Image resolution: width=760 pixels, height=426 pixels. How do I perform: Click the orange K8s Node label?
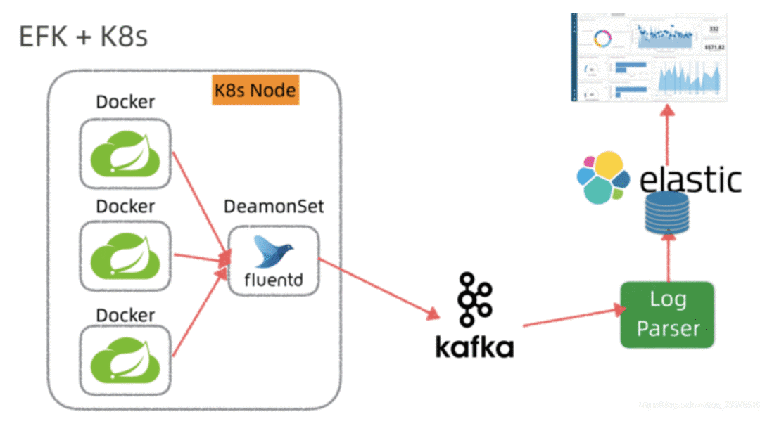click(x=255, y=91)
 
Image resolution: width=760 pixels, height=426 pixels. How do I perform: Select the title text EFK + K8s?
click(x=83, y=37)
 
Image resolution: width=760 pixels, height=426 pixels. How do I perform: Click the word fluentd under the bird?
click(x=274, y=280)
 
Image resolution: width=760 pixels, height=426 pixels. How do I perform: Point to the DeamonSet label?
click(x=274, y=207)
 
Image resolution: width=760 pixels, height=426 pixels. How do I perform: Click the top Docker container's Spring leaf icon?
click(x=125, y=154)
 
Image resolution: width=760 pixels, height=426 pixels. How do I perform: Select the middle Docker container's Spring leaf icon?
click(x=125, y=257)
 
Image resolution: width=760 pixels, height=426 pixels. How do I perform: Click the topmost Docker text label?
click(x=125, y=102)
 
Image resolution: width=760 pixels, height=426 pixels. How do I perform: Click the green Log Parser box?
click(x=667, y=315)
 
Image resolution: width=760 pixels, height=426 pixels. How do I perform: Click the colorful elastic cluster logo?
click(x=602, y=177)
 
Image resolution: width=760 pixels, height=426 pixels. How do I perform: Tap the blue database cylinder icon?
click(x=666, y=214)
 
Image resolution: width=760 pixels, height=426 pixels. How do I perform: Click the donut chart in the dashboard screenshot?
click(x=602, y=39)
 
